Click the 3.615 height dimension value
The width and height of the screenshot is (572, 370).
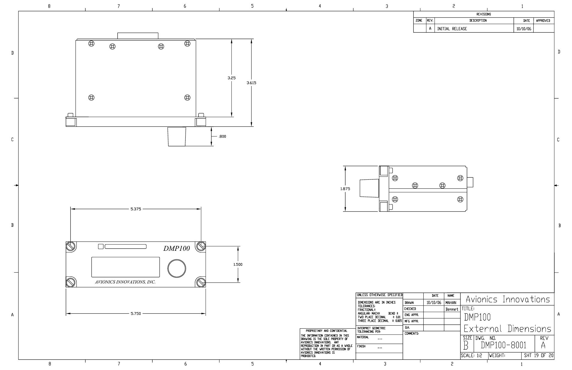pyautogui.click(x=251, y=83)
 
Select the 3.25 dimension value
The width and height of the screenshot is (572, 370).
pyautogui.click(x=231, y=78)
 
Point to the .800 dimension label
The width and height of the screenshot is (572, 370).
pyautogui.click(x=222, y=137)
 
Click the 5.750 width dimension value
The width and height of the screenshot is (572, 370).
pyautogui.click(x=136, y=314)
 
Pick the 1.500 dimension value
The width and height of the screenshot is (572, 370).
pyautogui.click(x=238, y=265)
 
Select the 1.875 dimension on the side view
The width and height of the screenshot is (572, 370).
pyautogui.click(x=345, y=189)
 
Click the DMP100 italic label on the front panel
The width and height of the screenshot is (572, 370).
pyautogui.click(x=177, y=248)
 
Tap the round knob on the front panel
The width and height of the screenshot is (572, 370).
pyautogui.click(x=177, y=268)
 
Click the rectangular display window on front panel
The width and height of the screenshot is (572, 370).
pyautogui.click(x=126, y=267)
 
